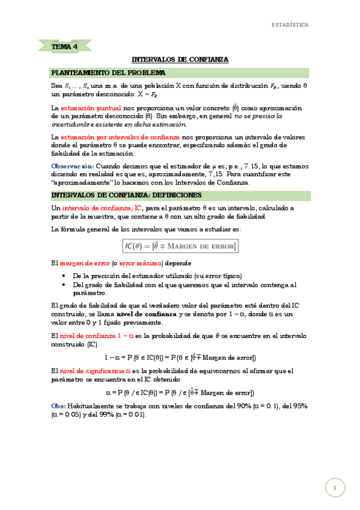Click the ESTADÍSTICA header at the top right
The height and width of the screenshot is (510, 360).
290,25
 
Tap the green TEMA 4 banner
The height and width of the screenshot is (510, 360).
64,46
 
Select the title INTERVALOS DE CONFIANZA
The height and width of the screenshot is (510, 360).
180,60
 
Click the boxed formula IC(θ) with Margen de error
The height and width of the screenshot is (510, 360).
180,246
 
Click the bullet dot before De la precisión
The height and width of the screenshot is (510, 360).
65,275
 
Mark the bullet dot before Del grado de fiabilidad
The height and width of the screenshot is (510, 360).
65,284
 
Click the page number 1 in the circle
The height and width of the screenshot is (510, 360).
334,487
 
